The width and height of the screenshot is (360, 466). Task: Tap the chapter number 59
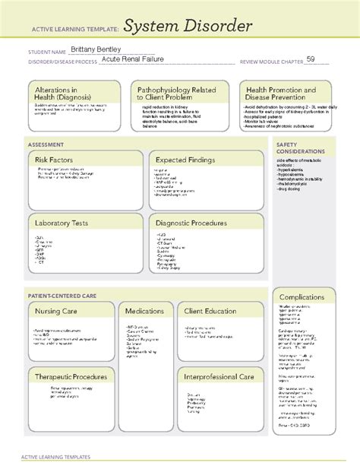click(x=311, y=61)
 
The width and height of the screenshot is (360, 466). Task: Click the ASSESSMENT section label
click(x=46, y=144)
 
